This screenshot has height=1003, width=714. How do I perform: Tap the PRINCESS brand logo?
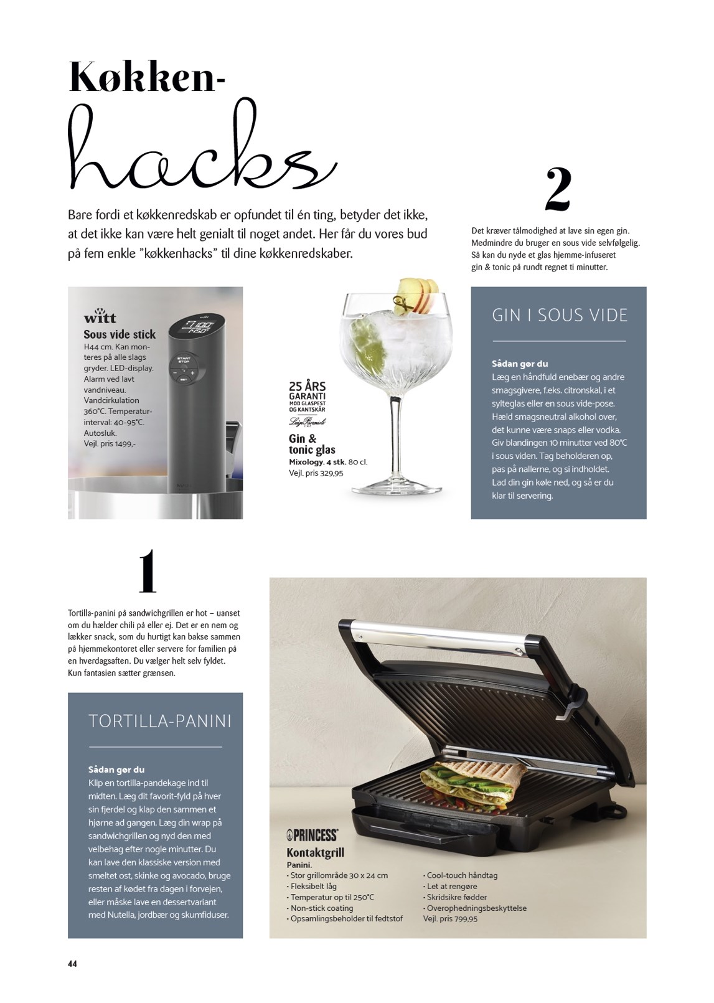pos(312,835)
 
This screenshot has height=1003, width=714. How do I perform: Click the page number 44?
pos(72,961)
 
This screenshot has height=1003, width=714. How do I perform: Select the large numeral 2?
pos(558,189)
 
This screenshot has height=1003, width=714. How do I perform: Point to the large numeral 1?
pos(148,572)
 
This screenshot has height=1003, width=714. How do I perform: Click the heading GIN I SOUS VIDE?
pos(560,315)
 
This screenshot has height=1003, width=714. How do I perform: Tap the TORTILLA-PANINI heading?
pos(160,722)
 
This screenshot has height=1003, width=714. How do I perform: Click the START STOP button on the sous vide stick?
pos(184,360)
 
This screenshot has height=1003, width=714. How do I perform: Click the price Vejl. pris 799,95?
pos(450,918)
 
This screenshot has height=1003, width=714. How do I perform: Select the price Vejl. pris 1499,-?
pos(110,443)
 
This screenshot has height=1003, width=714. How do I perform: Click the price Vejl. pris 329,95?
pos(316,473)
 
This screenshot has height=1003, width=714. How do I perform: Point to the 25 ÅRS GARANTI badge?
pos(307,396)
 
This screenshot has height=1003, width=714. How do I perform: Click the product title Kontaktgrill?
pos(316,852)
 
